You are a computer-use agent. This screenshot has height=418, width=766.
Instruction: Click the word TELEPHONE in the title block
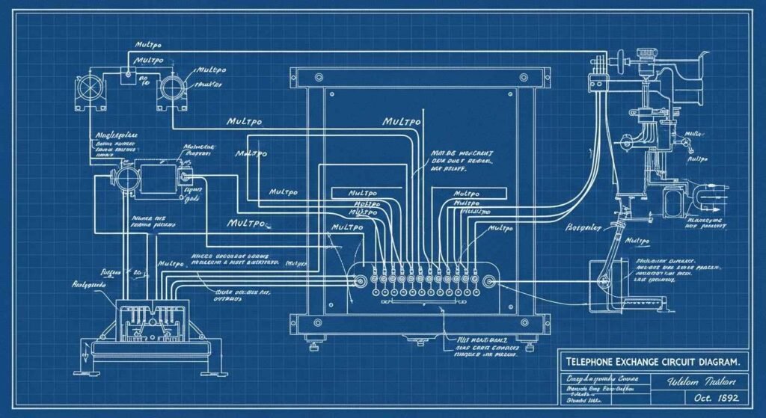point(592,362)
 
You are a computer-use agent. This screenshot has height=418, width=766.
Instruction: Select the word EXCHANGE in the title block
point(646,362)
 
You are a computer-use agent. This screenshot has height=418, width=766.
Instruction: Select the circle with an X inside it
point(91,86)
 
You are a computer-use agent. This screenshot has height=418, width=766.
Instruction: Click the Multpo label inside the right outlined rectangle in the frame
point(467,193)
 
